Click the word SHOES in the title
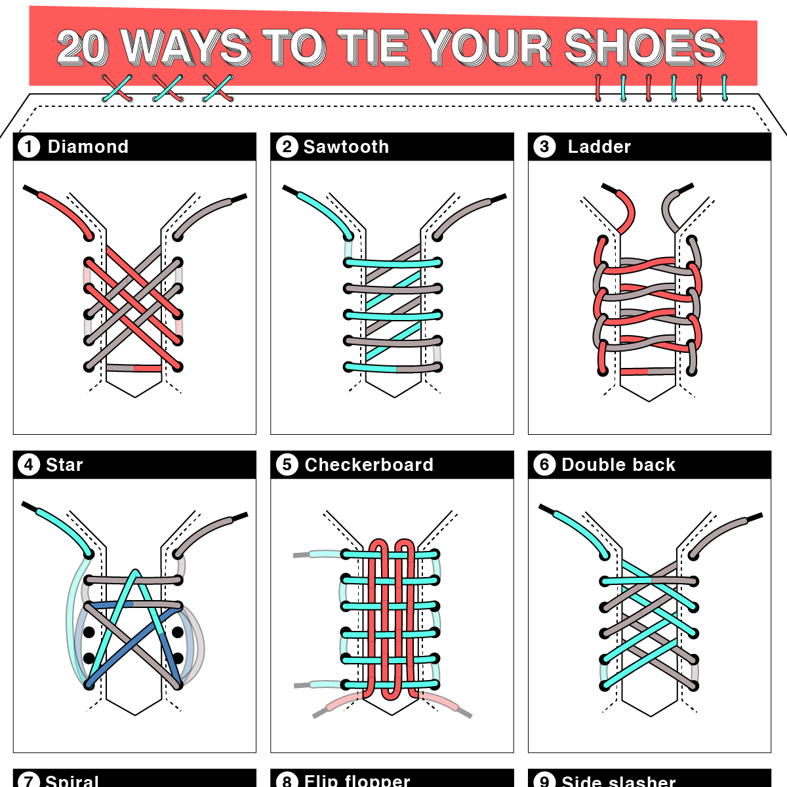click(644, 47)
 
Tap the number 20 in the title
click(83, 47)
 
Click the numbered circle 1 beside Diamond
click(29, 146)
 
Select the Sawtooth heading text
click(346, 147)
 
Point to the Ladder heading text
click(599, 147)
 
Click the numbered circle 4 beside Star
click(29, 465)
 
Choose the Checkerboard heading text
click(369, 465)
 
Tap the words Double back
click(618, 465)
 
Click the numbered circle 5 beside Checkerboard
click(287, 465)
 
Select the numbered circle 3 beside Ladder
click(544, 147)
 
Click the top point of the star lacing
click(135, 573)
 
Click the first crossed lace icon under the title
click(117, 89)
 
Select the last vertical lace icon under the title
click(725, 88)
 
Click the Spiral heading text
click(71, 780)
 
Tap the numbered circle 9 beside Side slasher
click(544, 781)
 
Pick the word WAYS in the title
click(186, 47)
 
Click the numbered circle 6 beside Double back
click(544, 465)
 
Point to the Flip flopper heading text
click(357, 780)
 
